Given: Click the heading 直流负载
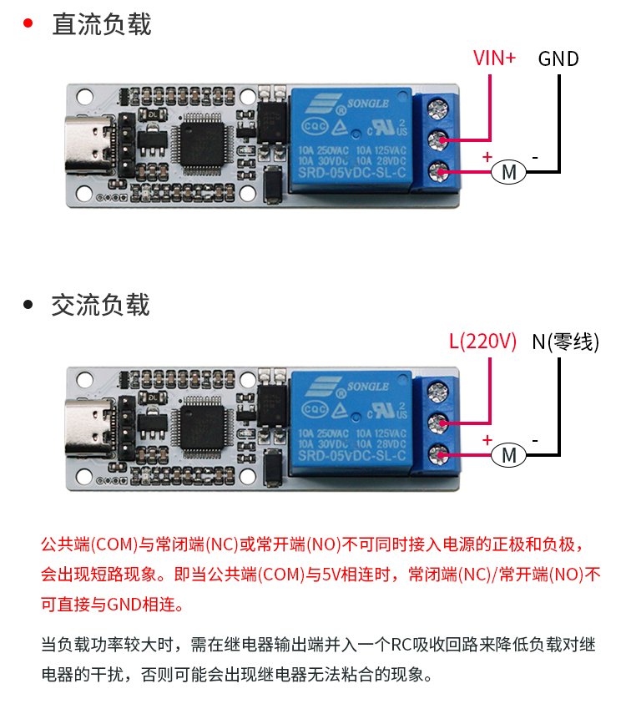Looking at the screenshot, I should [101, 24].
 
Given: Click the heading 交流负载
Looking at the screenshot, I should [101, 305].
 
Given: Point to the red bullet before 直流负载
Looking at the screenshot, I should [28, 23].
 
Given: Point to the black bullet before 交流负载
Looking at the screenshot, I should [28, 305].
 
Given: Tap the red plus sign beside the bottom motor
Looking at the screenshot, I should [487, 439].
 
